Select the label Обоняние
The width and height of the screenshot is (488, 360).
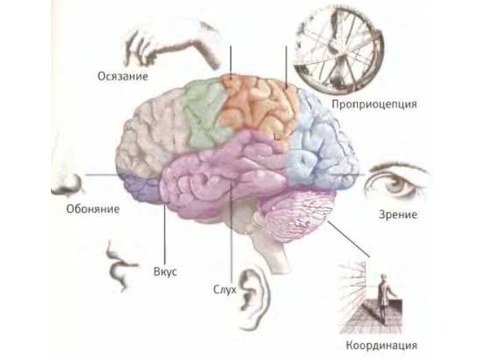pos(87,209)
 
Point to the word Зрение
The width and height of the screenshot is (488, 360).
pos(398,215)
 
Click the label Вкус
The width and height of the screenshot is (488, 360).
pos(165,273)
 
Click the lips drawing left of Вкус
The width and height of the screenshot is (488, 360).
pos(119,264)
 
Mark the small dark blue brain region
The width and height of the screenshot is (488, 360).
pos(142,188)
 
